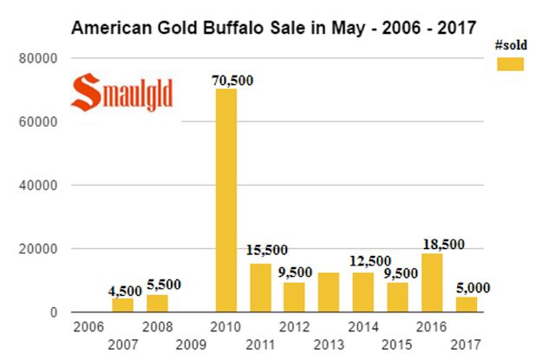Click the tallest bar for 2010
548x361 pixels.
coord(226,200)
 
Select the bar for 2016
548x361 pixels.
coord(432,282)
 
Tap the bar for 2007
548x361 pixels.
coord(123,305)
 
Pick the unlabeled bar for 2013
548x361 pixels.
coord(329,292)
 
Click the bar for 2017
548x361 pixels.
coord(466,304)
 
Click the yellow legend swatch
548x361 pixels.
coord(512,63)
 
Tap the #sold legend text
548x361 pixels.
coord(512,43)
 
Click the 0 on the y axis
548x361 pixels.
coord(53,312)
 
